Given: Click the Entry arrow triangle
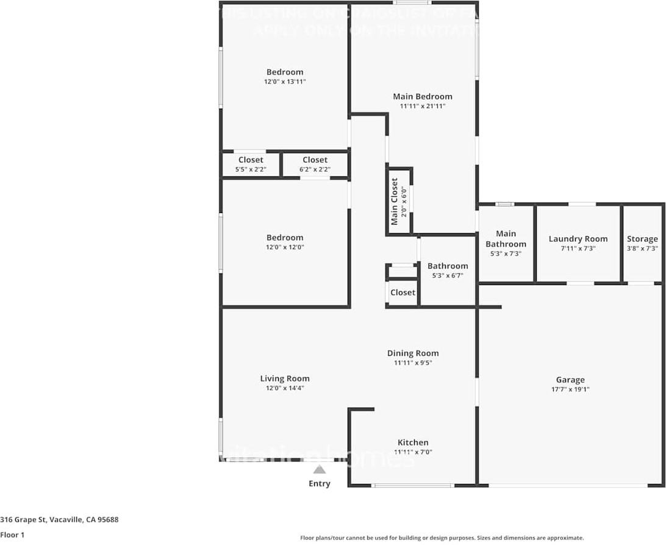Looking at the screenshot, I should tap(319, 469).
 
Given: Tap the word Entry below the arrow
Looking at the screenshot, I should tap(319, 483).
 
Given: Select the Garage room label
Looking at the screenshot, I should tap(570, 380).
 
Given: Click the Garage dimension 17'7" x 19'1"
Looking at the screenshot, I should tap(570, 389).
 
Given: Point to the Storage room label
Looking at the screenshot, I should tap(642, 239).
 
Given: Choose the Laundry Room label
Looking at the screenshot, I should tap(578, 239).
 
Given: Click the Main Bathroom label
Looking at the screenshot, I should tap(506, 239).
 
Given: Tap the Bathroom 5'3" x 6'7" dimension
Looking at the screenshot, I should tap(447, 275).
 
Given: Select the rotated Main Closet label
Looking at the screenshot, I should tap(395, 201).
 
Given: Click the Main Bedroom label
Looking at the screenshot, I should tap(422, 96).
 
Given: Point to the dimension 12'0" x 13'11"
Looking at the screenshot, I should tap(284, 81).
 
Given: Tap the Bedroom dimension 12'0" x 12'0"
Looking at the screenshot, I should tap(284, 247).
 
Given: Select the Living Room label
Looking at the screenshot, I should tap(284, 378).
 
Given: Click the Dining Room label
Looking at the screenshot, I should tap(413, 353).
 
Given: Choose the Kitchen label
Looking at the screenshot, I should tap(413, 442).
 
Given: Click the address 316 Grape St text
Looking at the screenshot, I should tap(59, 520).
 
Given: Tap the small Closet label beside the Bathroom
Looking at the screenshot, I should tap(403, 292).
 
